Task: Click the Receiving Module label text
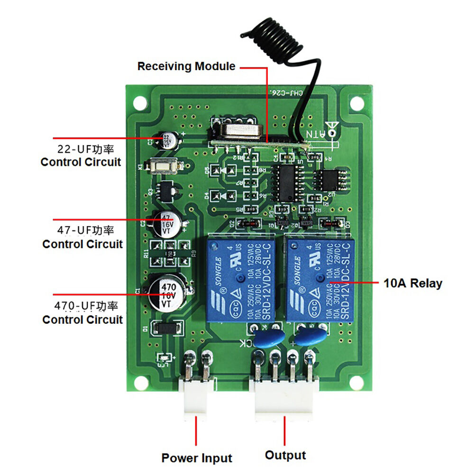tap(186, 66)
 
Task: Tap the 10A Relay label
tap(412, 284)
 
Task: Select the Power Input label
tap(197, 458)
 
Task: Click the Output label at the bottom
tap(285, 456)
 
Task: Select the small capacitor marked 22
tap(167, 141)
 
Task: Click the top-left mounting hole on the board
tap(140, 102)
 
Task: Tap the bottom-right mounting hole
tap(354, 383)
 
